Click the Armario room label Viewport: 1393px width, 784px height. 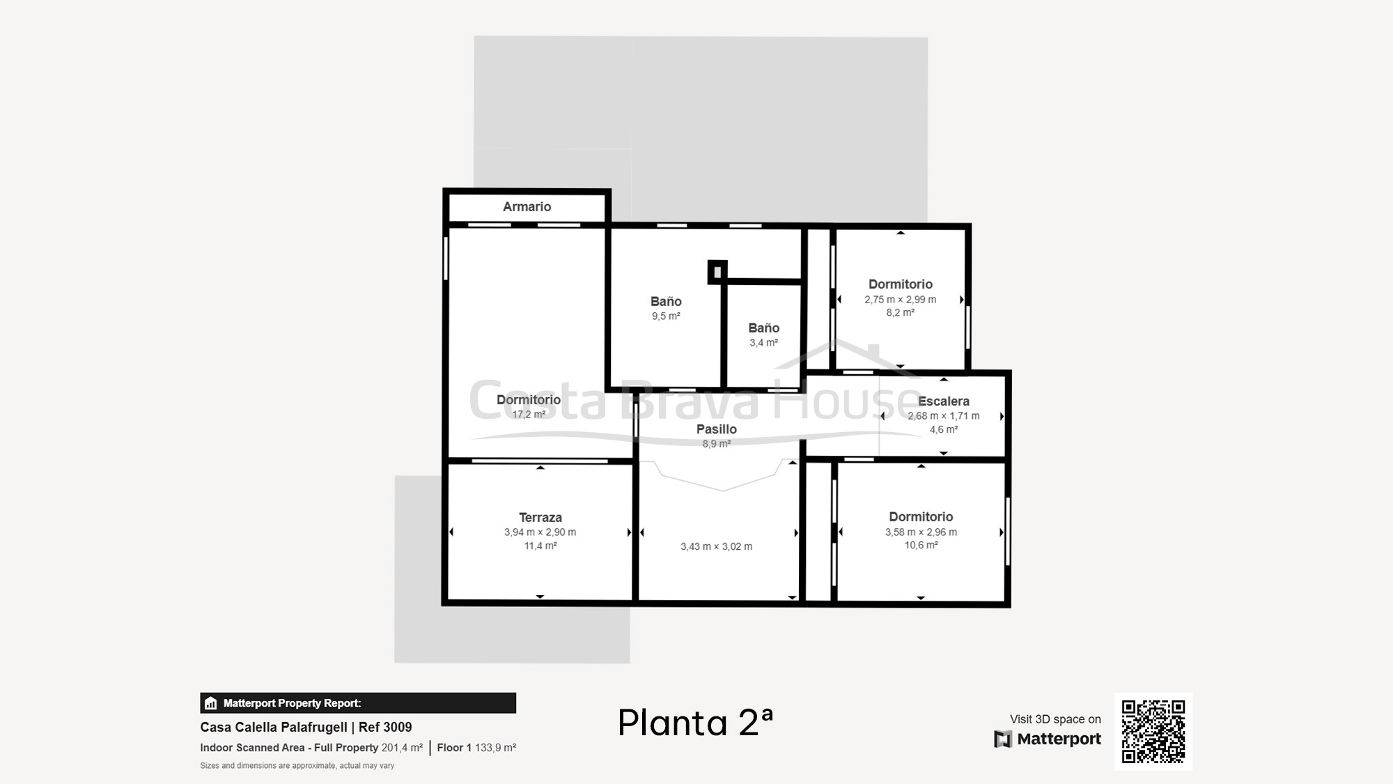click(x=527, y=206)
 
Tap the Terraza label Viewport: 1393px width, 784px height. click(x=540, y=517)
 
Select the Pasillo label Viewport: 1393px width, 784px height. click(x=717, y=429)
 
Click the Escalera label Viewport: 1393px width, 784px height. click(x=944, y=401)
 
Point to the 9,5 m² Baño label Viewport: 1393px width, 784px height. click(x=666, y=301)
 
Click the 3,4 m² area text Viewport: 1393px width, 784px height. click(x=764, y=343)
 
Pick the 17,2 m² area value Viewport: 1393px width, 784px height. click(x=529, y=415)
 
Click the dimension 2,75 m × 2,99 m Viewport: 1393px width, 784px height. click(x=901, y=300)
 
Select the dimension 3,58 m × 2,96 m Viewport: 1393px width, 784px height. click(x=921, y=532)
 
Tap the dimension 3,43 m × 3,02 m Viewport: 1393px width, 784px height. click(x=717, y=546)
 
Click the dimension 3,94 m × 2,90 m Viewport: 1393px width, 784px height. click(x=540, y=532)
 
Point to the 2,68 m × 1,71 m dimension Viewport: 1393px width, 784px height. click(x=944, y=416)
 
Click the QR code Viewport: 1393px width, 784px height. click(x=1153, y=732)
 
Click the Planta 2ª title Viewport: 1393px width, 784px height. click(x=695, y=722)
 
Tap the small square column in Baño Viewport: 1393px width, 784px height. click(x=717, y=272)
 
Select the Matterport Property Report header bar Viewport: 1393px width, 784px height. click(x=358, y=703)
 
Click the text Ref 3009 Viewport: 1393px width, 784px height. click(x=385, y=727)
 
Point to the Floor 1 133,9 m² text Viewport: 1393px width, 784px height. click(x=476, y=748)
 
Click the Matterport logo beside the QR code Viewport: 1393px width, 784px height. click(x=1048, y=739)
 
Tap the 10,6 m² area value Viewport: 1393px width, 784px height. click(x=921, y=545)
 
